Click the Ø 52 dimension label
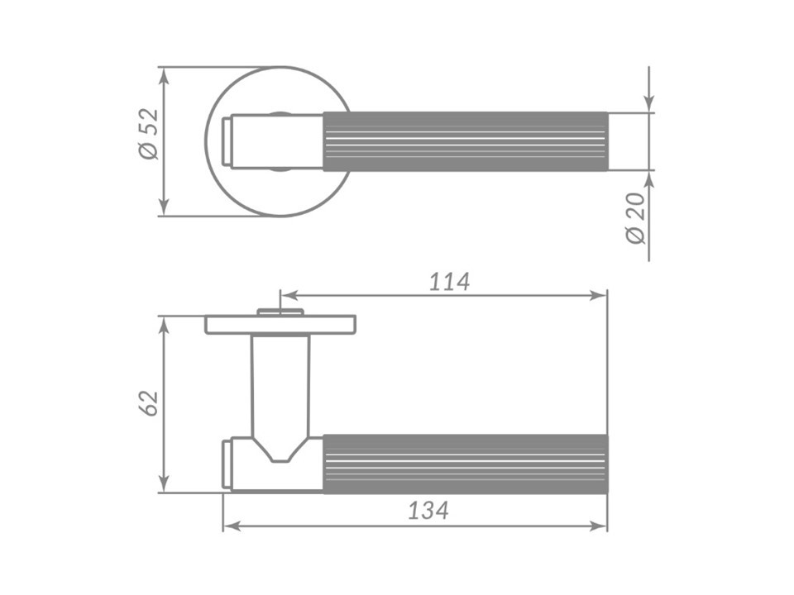click(149, 134)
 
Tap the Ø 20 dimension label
click(636, 218)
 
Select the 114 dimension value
click(450, 282)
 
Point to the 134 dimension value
click(428, 511)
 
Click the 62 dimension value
click(150, 403)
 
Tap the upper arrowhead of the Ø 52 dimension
click(163, 77)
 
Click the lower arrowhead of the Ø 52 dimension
click(163, 206)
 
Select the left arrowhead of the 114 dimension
click(290, 296)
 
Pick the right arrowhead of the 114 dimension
click(597, 296)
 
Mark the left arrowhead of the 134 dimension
click(233, 526)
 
